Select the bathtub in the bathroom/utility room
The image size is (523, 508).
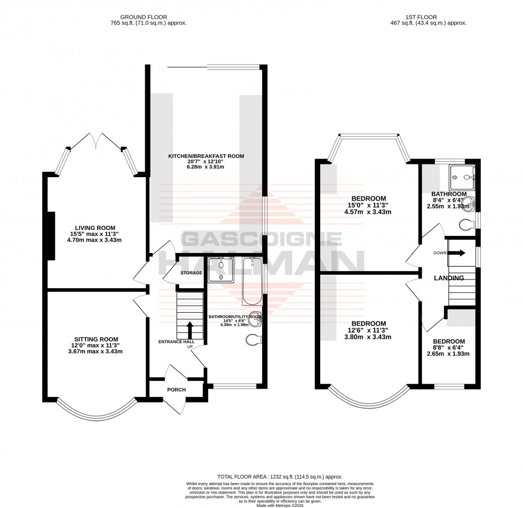[251, 280]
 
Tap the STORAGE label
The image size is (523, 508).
[191, 273]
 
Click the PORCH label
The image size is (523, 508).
[176, 390]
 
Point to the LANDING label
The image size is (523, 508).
[449, 278]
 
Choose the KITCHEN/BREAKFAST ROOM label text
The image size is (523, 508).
[206, 156]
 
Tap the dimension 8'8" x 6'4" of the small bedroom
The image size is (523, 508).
[448, 348]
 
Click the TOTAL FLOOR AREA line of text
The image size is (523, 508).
[280, 476]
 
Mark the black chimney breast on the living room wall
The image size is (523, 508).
[51, 235]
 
